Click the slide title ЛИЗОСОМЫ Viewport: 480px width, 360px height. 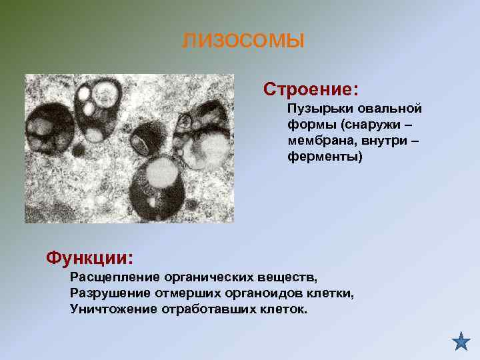(x=243, y=42)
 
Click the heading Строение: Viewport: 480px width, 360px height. (x=311, y=89)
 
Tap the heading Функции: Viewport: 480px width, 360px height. (x=89, y=257)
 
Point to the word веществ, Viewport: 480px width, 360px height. (x=291, y=276)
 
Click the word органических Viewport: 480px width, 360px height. (x=215, y=276)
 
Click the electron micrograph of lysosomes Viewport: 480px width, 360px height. (x=129, y=148)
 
